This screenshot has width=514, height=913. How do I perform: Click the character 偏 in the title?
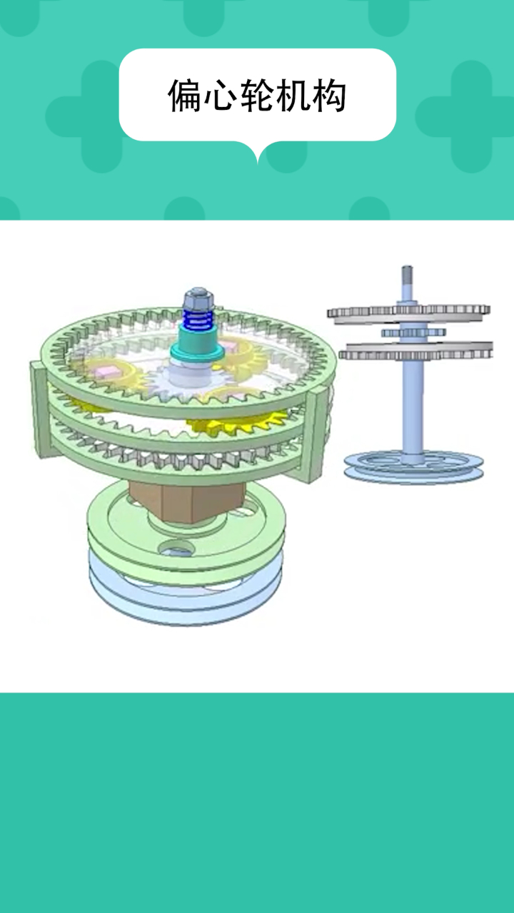(x=186, y=96)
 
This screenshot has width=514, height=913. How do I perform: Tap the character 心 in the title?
(x=221, y=96)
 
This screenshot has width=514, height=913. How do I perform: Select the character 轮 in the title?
(x=258, y=96)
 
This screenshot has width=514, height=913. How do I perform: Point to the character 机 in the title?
(x=293, y=96)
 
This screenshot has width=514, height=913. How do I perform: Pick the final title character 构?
(x=329, y=96)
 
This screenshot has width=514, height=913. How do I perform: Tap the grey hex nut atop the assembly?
(x=198, y=299)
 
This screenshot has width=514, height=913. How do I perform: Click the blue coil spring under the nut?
(x=198, y=318)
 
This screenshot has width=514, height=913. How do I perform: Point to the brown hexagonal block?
(x=187, y=501)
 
